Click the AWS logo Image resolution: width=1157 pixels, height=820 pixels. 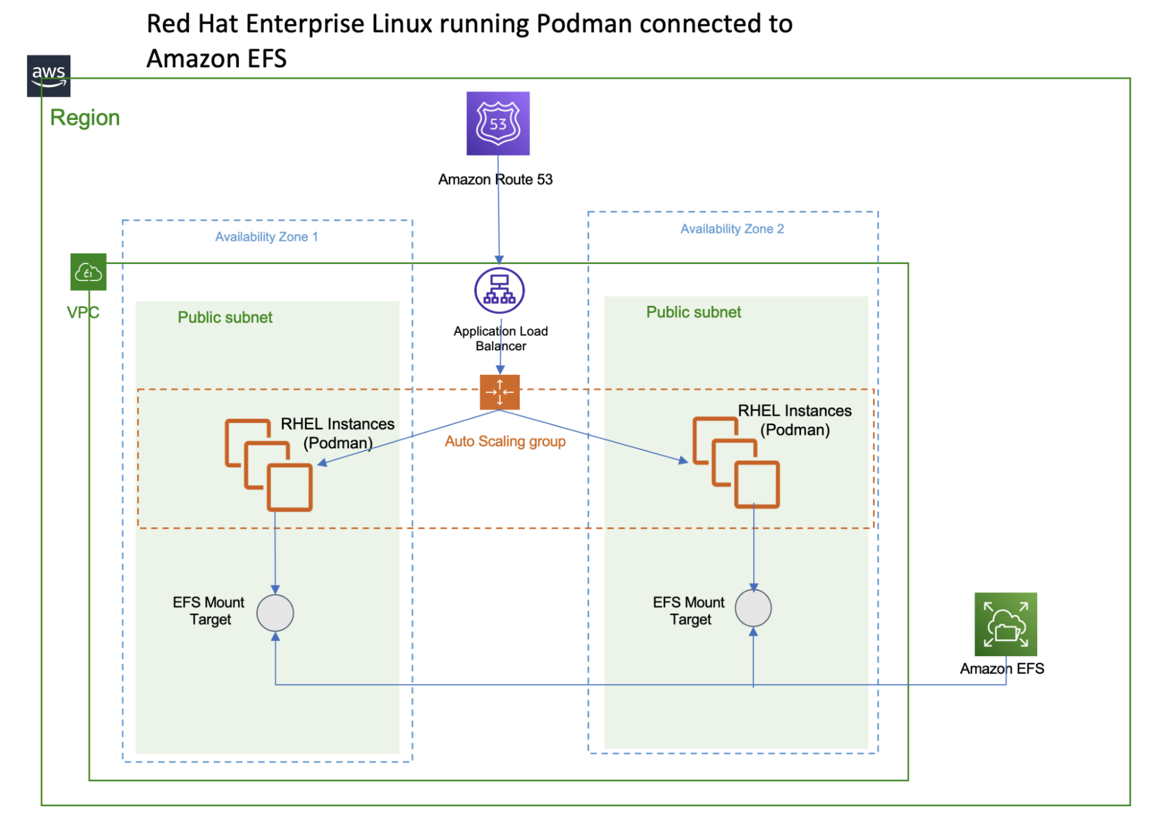pyautogui.click(x=49, y=76)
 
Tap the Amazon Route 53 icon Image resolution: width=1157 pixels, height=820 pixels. pyautogui.click(x=498, y=123)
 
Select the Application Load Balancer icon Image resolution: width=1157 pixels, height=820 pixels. pyautogui.click(x=499, y=291)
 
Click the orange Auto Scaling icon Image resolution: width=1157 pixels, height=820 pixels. pyautogui.click(x=499, y=392)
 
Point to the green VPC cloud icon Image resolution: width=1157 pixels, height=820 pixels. pyautogui.click(x=88, y=272)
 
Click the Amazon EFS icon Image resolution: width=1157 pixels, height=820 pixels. pyautogui.click(x=1005, y=624)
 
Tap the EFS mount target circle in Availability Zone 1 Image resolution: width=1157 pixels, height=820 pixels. pyautogui.click(x=275, y=613)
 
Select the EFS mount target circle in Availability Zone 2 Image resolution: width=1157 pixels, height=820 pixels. pyautogui.click(x=753, y=608)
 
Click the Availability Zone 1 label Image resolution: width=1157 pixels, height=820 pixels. pyautogui.click(x=266, y=237)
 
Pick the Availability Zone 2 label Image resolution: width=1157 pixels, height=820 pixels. pyautogui.click(x=732, y=229)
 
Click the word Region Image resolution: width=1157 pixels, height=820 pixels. pyautogui.click(x=85, y=118)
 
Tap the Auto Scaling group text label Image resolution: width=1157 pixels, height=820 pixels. pyautogui.click(x=505, y=441)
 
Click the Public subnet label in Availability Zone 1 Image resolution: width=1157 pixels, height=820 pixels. pyautogui.click(x=225, y=317)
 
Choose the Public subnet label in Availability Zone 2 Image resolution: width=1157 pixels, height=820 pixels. pyautogui.click(x=693, y=312)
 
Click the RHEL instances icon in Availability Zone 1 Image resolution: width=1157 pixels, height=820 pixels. pyautogui.click(x=269, y=464)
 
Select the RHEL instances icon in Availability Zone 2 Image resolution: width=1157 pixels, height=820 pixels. pyautogui.click(x=736, y=462)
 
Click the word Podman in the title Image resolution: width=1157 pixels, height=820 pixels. pyautogui.click(x=584, y=24)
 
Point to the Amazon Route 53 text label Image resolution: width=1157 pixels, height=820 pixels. pyautogui.click(x=495, y=180)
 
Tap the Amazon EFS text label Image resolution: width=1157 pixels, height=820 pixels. pyautogui.click(x=1002, y=669)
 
